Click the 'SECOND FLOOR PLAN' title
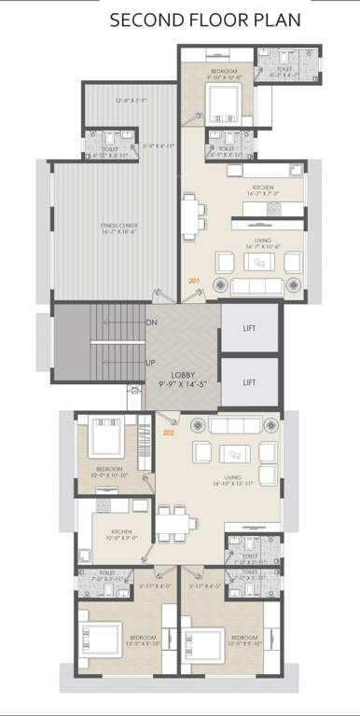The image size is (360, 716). tap(205, 20)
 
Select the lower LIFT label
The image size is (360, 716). tap(249, 381)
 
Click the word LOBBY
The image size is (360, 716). tap(182, 375)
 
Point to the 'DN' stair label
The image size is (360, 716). tap(151, 324)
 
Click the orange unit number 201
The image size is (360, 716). tap(194, 281)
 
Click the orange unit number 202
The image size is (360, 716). tap(169, 433)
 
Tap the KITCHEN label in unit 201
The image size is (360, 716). tap(263, 188)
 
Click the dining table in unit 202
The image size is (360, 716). tap(168, 523)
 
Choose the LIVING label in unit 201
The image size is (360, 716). tap(263, 241)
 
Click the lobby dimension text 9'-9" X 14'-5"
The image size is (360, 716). tap(182, 383)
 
